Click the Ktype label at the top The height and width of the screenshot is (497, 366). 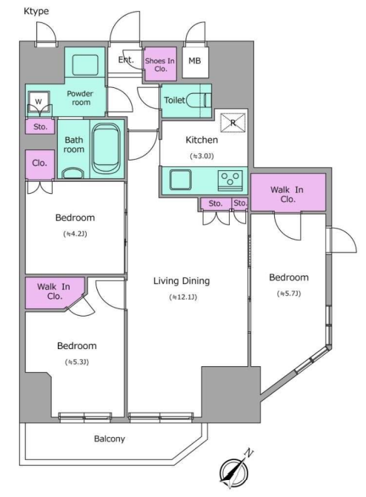click(36, 11)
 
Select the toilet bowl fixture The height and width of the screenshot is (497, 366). click(199, 100)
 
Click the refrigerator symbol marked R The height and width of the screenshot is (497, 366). click(233, 122)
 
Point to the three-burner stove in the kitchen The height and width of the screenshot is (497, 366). click(230, 180)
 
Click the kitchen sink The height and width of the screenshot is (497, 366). click(180, 180)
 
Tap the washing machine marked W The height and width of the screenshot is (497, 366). click(39, 102)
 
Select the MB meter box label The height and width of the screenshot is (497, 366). click(195, 61)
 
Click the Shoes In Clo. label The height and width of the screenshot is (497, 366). click(160, 64)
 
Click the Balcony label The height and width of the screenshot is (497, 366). click(110, 439)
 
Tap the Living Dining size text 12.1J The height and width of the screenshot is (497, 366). click(183, 297)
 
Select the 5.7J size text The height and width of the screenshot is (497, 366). click(289, 294)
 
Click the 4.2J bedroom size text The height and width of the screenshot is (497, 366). click(76, 234)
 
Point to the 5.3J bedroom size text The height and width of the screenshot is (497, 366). click(77, 362)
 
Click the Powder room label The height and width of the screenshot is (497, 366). click(81, 98)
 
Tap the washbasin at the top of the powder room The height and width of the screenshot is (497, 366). click(85, 65)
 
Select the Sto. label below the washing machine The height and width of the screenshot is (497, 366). click(40, 126)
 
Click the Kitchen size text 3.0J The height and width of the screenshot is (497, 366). click(202, 156)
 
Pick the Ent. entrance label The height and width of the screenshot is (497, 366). click(126, 60)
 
